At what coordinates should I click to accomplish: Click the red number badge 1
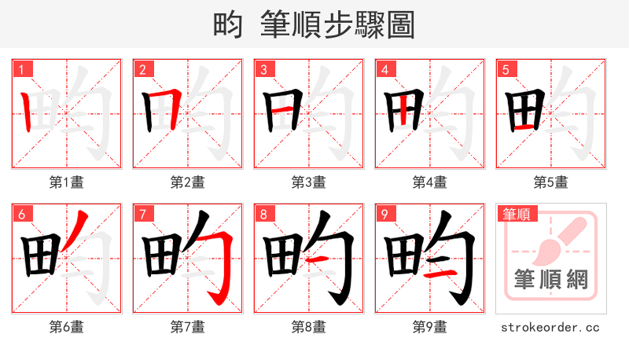coord(21,69)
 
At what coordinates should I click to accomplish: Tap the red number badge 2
coord(142,69)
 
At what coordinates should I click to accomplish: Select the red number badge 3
coord(263,69)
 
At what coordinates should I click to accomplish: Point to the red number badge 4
coord(384,69)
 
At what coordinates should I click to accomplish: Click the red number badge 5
coord(506,69)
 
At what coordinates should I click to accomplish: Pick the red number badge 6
coord(21,214)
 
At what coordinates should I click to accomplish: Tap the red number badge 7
coord(142,214)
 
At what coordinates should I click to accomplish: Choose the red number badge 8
coord(263,214)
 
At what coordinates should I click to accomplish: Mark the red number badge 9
coord(384,214)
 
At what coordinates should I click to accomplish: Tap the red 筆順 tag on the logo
coord(515,213)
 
